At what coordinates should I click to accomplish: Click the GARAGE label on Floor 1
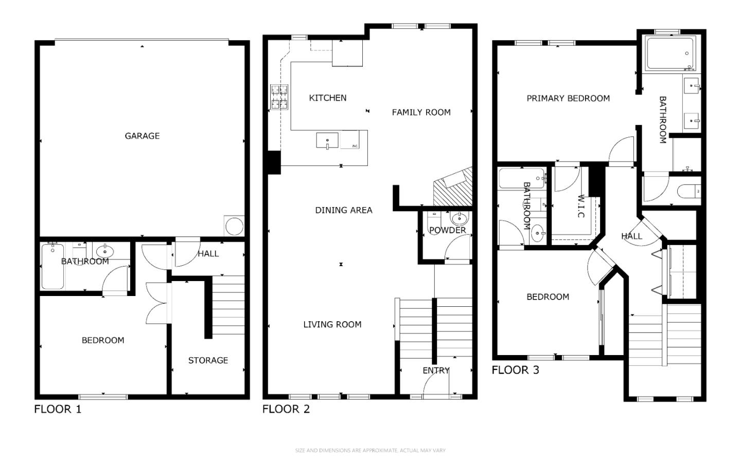pos(142,136)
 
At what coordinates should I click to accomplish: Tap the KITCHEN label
pos(327,98)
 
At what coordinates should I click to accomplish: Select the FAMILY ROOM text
pos(421,112)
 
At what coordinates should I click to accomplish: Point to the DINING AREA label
pos(343,210)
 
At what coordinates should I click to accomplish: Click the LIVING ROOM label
pos(332,324)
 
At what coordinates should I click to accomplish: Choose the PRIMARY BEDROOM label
pos(568,98)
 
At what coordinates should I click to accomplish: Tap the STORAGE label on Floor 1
pos(208,360)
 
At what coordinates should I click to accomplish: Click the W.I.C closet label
pos(581,206)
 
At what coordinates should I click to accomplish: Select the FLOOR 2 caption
pos(286,409)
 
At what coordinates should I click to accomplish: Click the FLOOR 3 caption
pos(515,370)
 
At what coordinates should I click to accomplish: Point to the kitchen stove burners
pos(279,97)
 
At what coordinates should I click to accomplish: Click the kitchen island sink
pos(327,140)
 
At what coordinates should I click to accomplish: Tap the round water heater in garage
pos(234,226)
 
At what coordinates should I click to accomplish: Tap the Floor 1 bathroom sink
pos(104,251)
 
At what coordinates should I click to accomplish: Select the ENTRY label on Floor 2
pos(436,371)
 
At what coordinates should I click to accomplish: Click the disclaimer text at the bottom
pos(370,451)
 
